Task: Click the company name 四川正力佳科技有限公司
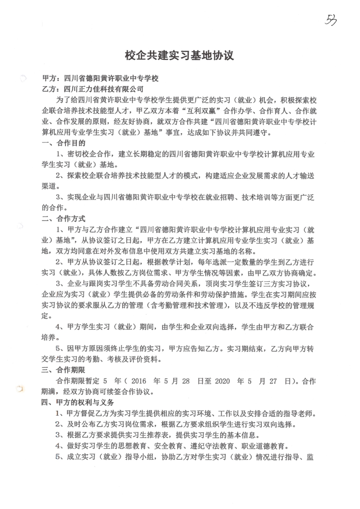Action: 103,89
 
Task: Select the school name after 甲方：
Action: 111,78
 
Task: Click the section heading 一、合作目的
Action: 63,143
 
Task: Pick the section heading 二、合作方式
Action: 63,219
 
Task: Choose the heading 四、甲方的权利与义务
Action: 78,402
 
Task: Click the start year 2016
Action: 138,381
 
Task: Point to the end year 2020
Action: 222,381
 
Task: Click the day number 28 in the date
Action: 186,381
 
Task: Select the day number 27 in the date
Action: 273,381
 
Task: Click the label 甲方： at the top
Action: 52,78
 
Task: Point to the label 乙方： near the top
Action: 52,89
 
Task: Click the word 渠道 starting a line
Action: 49,186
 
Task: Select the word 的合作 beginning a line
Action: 53,208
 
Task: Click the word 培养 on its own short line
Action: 49,338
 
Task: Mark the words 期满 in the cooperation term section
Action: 49,392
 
